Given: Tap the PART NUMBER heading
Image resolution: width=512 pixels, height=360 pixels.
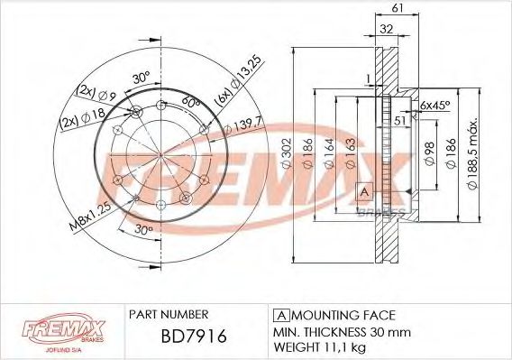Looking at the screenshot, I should pyautogui.click(x=169, y=315).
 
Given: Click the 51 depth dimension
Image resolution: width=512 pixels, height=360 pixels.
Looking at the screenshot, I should pyautogui.click(x=398, y=118).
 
